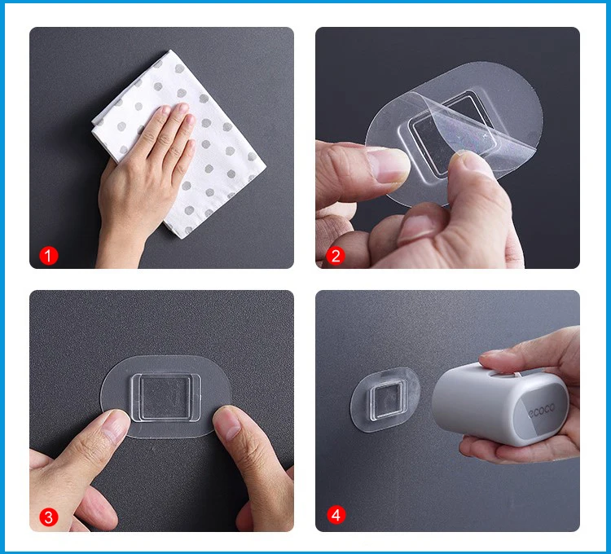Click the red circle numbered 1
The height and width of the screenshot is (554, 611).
(48, 256)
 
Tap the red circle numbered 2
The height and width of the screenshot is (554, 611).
(336, 256)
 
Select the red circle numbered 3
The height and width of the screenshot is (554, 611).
(48, 517)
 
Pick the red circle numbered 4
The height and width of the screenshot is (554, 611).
(336, 515)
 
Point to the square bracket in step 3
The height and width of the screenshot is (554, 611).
(166, 398)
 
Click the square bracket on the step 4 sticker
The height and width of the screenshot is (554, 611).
(385, 402)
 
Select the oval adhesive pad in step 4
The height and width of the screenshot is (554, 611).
(385, 399)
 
